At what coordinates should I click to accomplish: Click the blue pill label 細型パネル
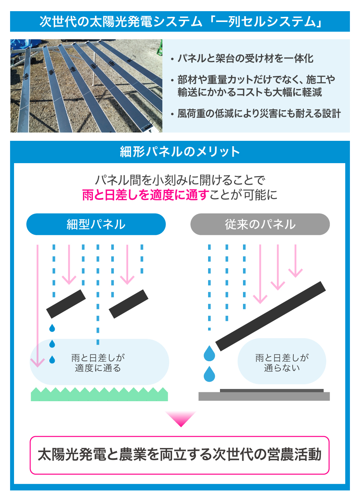[x=96, y=224]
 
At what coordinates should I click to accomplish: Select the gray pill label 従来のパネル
[x=260, y=224]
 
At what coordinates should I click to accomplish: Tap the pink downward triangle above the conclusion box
[x=181, y=419]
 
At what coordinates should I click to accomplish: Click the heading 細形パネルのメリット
[x=180, y=152]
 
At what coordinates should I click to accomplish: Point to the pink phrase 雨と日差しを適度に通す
[x=145, y=195]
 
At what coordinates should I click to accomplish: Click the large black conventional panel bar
[x=271, y=316]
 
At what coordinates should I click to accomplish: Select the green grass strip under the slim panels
[x=99, y=394]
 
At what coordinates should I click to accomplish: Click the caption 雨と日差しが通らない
[x=282, y=363]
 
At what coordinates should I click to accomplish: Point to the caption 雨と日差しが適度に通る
[x=98, y=363]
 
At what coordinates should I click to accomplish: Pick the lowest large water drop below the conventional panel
[x=209, y=374]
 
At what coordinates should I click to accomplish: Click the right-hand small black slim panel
[x=129, y=304]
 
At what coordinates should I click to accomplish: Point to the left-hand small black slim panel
[x=66, y=304]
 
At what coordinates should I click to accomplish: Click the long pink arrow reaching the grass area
[x=37, y=306]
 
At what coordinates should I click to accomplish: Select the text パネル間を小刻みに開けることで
[x=180, y=180]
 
